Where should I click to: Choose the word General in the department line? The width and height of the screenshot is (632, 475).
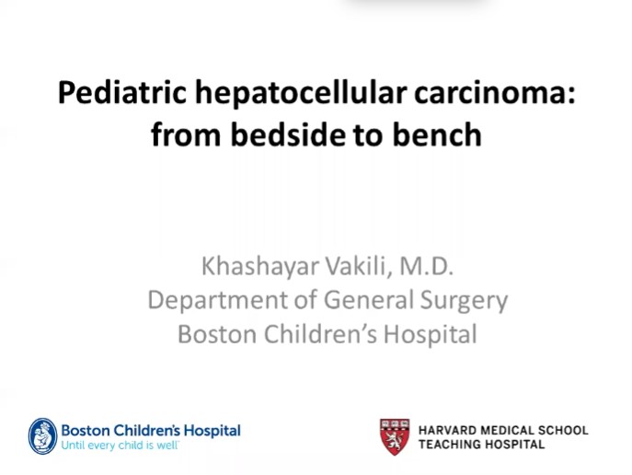pyautogui.click(x=351, y=301)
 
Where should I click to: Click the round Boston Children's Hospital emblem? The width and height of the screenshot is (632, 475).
pyautogui.click(x=42, y=435)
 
